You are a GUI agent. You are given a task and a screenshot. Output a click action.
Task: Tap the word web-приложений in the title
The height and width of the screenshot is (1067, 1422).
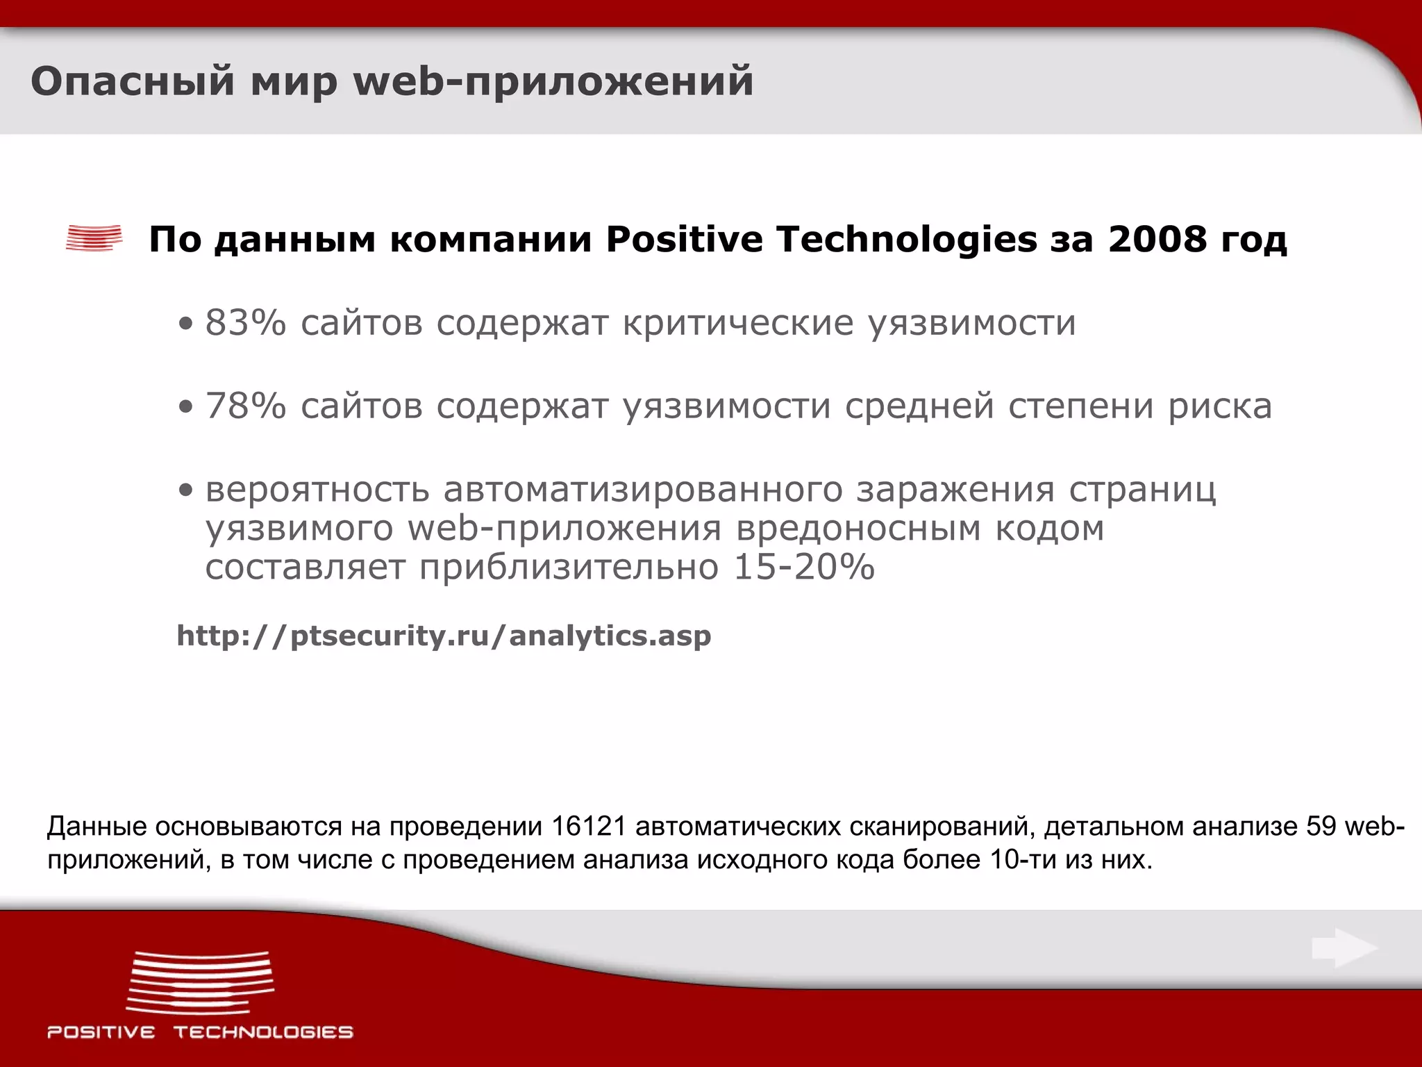(x=553, y=82)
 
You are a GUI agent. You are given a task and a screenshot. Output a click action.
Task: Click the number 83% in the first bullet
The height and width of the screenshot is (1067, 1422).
(x=245, y=323)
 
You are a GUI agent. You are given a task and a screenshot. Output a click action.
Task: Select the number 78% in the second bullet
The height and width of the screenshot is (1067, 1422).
(x=245, y=406)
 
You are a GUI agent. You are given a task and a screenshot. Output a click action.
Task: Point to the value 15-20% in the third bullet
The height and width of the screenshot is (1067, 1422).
(x=804, y=568)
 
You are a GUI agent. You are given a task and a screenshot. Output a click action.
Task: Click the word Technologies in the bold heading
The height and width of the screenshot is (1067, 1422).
(x=906, y=240)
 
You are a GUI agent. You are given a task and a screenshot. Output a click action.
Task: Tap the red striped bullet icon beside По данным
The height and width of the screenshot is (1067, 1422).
(x=94, y=238)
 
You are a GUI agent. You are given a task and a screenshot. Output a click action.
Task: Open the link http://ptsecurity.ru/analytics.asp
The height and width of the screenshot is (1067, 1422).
(x=444, y=636)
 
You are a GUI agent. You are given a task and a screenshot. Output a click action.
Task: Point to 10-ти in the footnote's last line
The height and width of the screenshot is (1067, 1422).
(x=1023, y=860)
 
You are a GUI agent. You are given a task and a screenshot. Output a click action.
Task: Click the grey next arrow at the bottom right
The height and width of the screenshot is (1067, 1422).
(x=1344, y=948)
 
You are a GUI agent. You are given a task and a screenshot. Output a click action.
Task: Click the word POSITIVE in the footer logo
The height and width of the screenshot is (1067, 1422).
(x=101, y=1032)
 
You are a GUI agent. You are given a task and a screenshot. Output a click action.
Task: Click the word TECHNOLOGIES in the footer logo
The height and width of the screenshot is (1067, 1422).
(x=263, y=1032)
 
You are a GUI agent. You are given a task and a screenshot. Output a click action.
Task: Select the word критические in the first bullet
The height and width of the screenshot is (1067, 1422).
(x=737, y=323)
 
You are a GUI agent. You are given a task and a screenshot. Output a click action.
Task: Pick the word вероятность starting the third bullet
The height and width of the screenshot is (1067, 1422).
(x=317, y=490)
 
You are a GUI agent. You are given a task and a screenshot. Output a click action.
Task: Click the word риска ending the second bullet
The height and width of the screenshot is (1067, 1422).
(x=1220, y=406)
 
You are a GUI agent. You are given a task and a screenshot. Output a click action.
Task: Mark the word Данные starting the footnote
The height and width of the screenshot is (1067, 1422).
(x=97, y=827)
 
